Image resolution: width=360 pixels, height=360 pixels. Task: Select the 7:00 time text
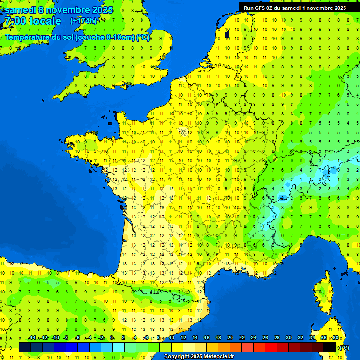[x=14, y=22]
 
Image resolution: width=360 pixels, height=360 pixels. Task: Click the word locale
[x=45, y=22]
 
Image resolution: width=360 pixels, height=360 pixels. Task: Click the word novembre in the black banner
[x=318, y=7]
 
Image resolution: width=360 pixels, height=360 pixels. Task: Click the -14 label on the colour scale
[x=32, y=337]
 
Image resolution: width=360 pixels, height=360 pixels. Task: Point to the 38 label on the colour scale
[x=335, y=337]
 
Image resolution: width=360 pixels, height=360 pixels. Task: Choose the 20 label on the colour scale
[x=230, y=337]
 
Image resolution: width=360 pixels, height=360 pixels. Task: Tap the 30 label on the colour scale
[x=288, y=337]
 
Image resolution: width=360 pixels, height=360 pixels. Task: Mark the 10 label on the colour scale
[x=172, y=337]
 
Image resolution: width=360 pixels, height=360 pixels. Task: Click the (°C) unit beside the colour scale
[x=345, y=347]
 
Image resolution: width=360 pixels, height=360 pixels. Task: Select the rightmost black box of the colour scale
[x=330, y=347]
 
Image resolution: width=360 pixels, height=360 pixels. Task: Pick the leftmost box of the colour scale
[x=24, y=347]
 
